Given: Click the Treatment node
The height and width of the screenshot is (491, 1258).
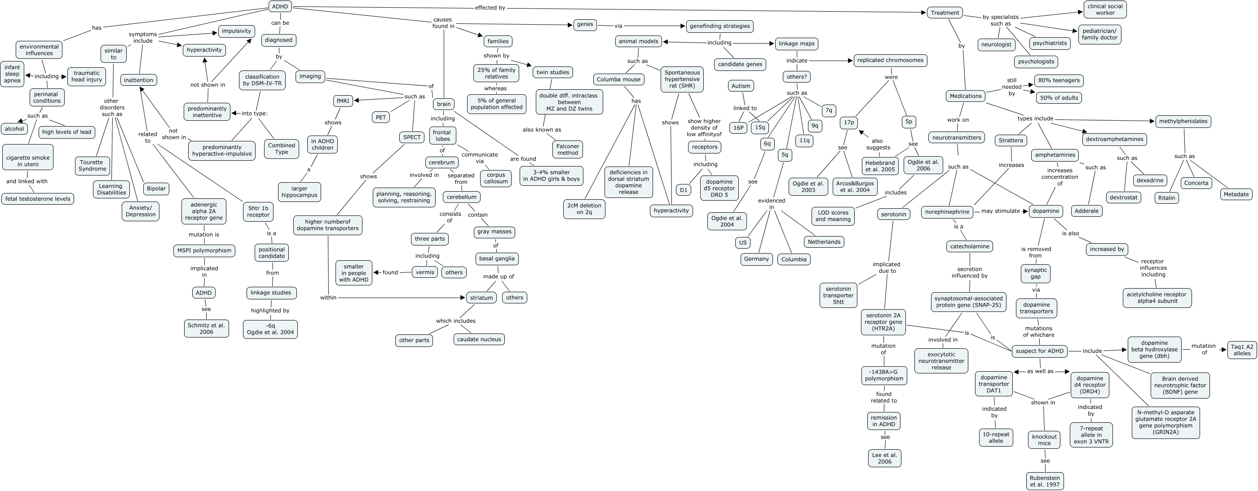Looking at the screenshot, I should click(x=945, y=13).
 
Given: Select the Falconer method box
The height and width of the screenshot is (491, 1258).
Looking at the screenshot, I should click(x=567, y=149).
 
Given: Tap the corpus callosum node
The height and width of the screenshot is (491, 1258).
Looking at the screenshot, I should click(x=496, y=178).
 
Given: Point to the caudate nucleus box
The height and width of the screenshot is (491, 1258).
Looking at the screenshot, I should click(x=479, y=339).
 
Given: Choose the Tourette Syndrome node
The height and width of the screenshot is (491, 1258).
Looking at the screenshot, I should click(x=93, y=166).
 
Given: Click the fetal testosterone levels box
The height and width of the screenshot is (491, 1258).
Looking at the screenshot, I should click(x=38, y=199).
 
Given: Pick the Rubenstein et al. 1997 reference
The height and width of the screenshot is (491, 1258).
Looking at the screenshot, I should click(x=1045, y=481).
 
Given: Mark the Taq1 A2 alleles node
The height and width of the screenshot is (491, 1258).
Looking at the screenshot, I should click(x=1241, y=350).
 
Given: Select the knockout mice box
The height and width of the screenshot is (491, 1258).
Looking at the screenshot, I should click(x=1044, y=440).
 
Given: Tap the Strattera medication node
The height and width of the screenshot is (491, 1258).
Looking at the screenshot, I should click(x=1011, y=140).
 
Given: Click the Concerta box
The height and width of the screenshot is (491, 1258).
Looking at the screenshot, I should click(x=1196, y=183).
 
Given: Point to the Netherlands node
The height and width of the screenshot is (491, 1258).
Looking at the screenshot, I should click(x=824, y=241).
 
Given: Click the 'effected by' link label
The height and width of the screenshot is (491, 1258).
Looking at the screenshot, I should click(x=490, y=8).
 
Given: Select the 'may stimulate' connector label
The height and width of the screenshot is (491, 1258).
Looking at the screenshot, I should click(x=1000, y=211).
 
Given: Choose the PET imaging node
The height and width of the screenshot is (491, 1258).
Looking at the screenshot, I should click(x=380, y=117).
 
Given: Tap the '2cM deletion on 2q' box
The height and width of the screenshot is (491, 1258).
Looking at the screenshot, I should click(x=584, y=209).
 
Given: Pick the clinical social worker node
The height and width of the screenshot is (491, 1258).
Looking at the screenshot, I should click(x=1105, y=9).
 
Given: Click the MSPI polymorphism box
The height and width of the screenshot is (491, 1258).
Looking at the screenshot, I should click(x=204, y=250).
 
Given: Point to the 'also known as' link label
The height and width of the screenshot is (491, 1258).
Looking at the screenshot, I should click(x=542, y=130).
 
